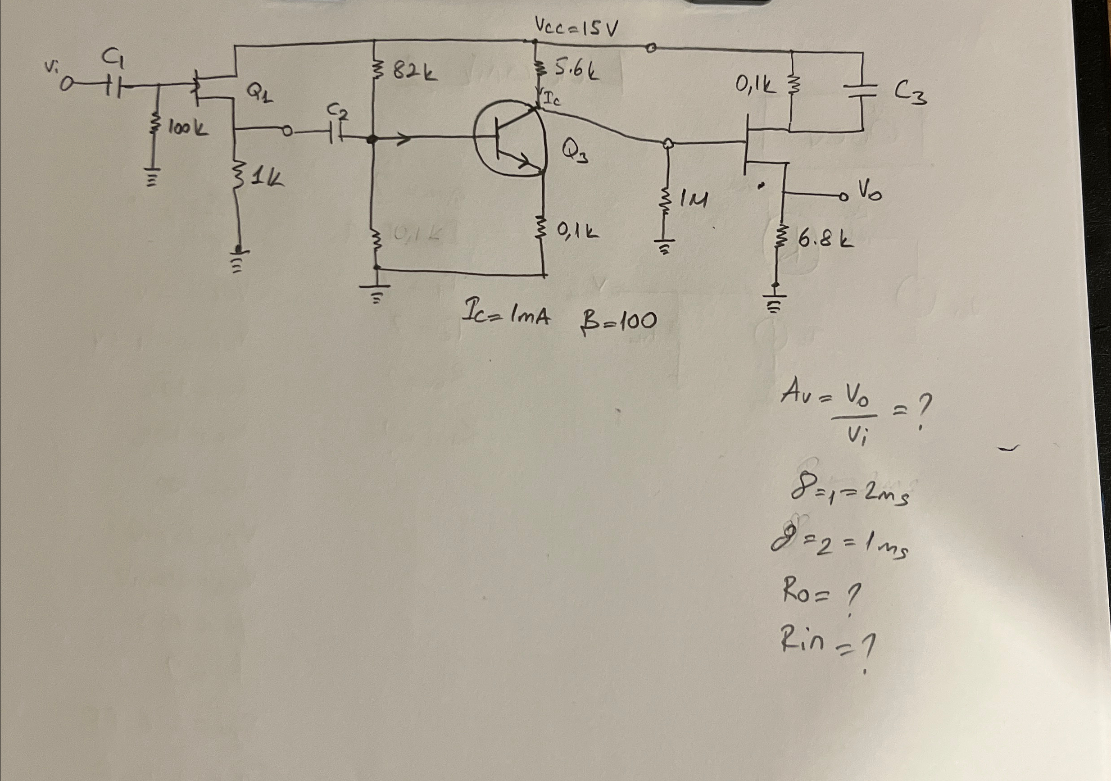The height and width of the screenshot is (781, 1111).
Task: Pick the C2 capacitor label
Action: click(x=337, y=113)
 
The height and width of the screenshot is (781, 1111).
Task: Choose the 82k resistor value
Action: click(x=414, y=73)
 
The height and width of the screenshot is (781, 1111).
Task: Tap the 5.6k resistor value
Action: click(x=576, y=71)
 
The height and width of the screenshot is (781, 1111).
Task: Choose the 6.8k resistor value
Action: click(x=825, y=240)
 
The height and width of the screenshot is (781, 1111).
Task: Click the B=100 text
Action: click(x=618, y=320)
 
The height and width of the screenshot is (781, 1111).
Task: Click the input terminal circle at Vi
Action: click(x=66, y=86)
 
